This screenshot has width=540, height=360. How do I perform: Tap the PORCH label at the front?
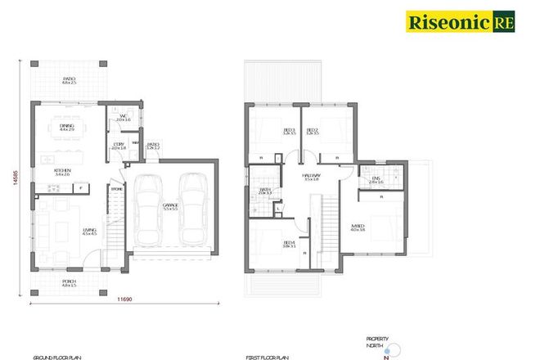click(69, 284)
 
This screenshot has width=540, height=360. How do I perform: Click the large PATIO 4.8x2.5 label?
click(69, 81)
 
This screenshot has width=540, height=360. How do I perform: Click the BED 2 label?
click(312, 131)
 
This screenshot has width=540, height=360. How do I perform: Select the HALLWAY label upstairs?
click(310, 176)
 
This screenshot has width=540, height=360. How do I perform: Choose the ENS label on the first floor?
click(376, 181)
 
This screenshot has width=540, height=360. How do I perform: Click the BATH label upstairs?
click(265, 192)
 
